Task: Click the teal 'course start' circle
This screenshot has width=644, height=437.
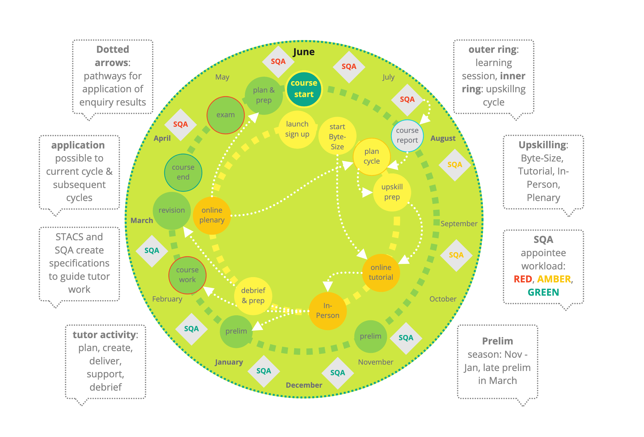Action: tap(304, 89)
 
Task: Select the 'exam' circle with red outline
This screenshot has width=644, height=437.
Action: tap(225, 115)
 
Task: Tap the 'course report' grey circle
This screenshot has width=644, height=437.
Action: tap(407, 135)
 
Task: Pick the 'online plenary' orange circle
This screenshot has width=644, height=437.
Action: tap(212, 215)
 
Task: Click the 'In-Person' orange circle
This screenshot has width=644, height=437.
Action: tap(328, 311)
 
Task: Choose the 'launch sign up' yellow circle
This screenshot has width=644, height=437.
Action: tap(297, 129)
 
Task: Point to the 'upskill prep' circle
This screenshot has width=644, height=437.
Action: tap(392, 192)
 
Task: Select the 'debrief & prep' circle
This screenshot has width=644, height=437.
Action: tap(253, 296)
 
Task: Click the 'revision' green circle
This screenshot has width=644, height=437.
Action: tap(171, 210)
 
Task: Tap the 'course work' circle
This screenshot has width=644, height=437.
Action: tap(187, 275)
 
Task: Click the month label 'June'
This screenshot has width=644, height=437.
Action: tap(304, 52)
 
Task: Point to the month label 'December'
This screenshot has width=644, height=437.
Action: tap(304, 385)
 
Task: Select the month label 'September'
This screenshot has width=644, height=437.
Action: tap(459, 224)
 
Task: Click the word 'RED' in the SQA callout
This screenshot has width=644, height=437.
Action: tap(523, 279)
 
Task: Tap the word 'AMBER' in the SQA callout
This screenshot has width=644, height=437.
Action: tap(554, 279)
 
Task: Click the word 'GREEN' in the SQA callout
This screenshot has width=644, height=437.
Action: tap(543, 292)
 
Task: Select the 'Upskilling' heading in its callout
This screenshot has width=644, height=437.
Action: tap(543, 145)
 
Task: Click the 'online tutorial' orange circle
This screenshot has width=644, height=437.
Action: tap(381, 272)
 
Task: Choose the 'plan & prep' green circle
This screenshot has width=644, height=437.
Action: tap(264, 95)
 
